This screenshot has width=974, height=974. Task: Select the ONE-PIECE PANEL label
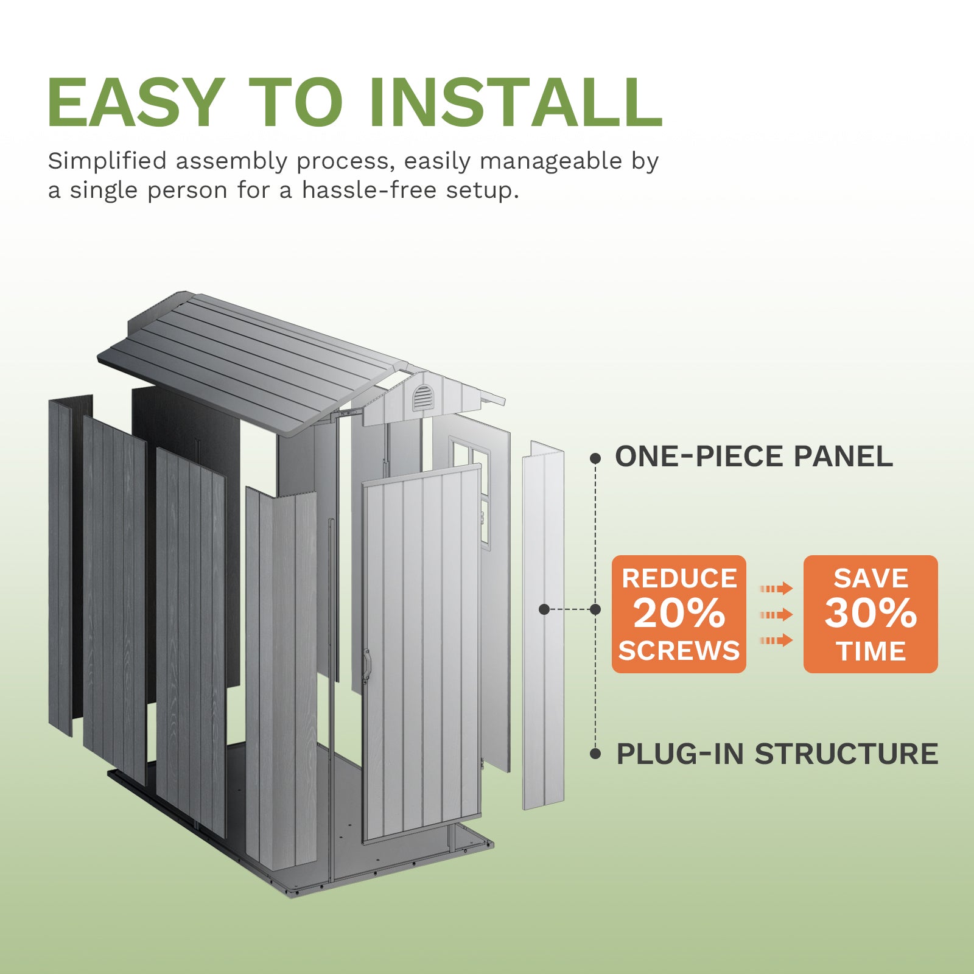tap(754, 457)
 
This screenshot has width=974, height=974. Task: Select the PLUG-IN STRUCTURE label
tap(777, 754)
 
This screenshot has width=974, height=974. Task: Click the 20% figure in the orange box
tap(679, 613)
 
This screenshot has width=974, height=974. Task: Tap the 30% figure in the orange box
tap(871, 613)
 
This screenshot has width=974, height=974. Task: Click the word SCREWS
tap(679, 651)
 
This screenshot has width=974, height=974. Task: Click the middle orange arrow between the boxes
tap(776, 615)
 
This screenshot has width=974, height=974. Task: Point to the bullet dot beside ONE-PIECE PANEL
tap(595, 458)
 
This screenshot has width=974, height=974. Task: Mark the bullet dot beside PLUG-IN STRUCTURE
tap(595, 754)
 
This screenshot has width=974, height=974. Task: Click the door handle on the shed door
tap(366, 665)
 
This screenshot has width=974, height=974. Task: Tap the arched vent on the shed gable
tap(422, 398)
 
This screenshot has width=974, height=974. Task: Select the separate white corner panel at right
tap(543, 627)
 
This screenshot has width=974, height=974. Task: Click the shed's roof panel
tap(243, 359)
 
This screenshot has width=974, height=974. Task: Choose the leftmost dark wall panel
tap(60, 566)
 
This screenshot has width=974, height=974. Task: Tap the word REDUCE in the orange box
tap(679, 578)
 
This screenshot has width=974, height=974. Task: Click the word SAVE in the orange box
tap(871, 578)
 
